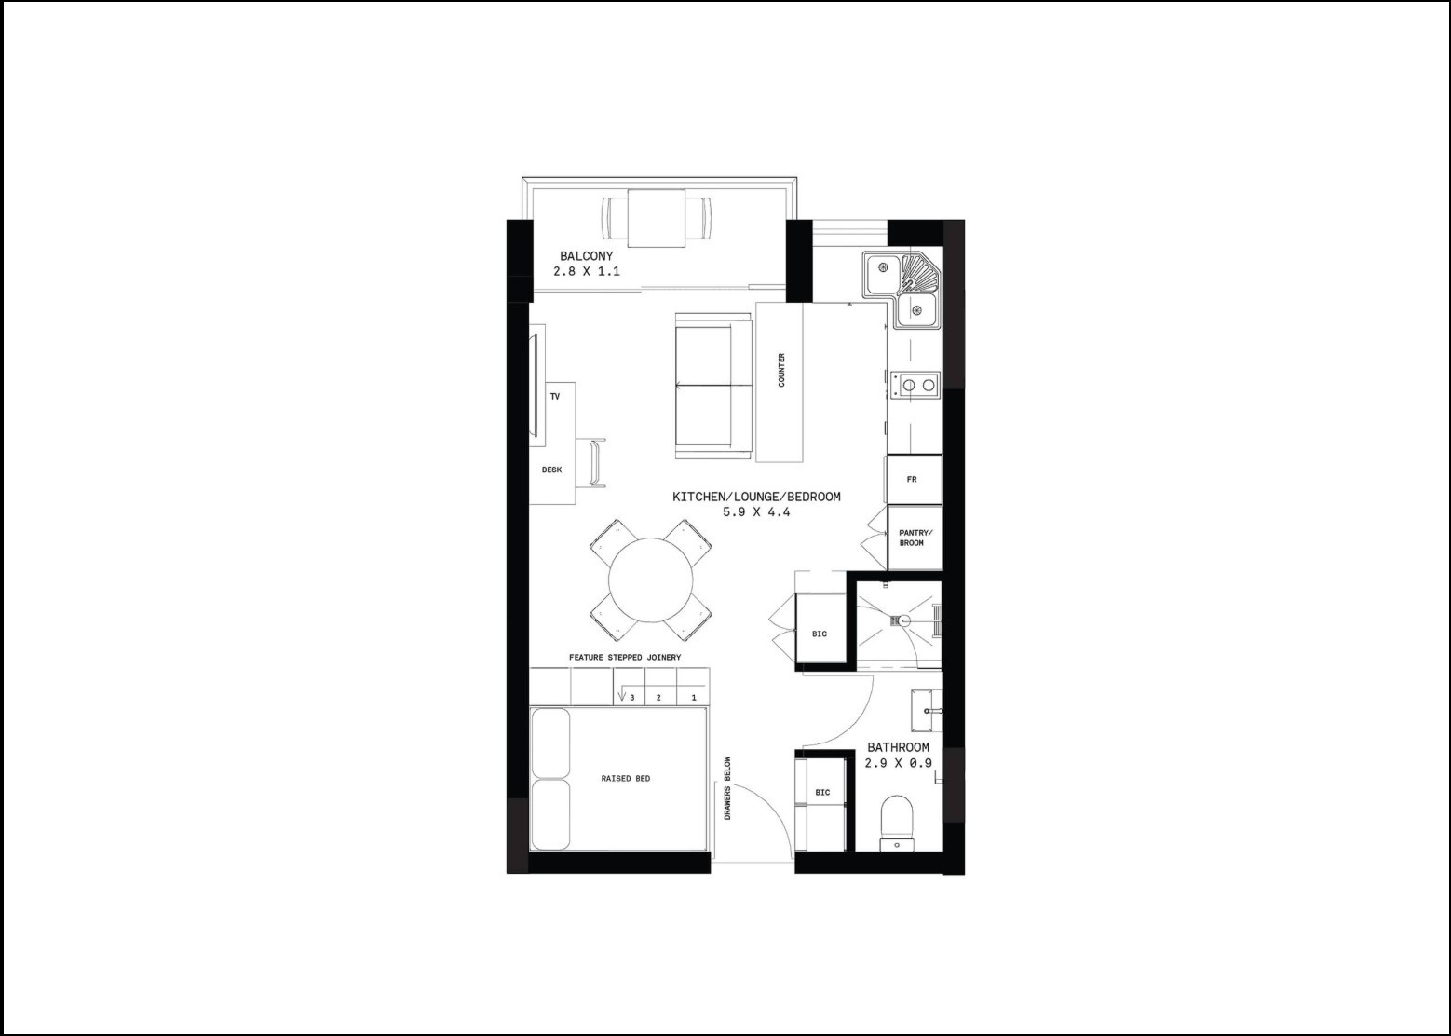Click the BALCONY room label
pyautogui.click(x=586, y=256)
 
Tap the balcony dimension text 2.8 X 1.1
pyautogui.click(x=586, y=271)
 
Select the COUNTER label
pyautogui.click(x=781, y=370)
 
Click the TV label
pyautogui.click(x=554, y=396)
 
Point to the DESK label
pyautogui.click(x=551, y=470)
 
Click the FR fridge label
pyautogui.click(x=912, y=480)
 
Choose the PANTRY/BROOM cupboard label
pyautogui.click(x=915, y=538)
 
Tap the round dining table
pyautogui.click(x=650, y=579)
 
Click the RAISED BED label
pyautogui.click(x=625, y=778)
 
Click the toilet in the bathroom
pyautogui.click(x=897, y=823)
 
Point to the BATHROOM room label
pyautogui.click(x=898, y=747)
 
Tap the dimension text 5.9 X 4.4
pyautogui.click(x=756, y=511)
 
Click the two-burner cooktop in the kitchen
pyautogui.click(x=915, y=385)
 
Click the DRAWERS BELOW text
pyautogui.click(x=727, y=788)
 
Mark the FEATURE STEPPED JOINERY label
pyautogui.click(x=625, y=657)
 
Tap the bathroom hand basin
pyautogui.click(x=927, y=711)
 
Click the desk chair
pyautogui.click(x=598, y=462)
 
